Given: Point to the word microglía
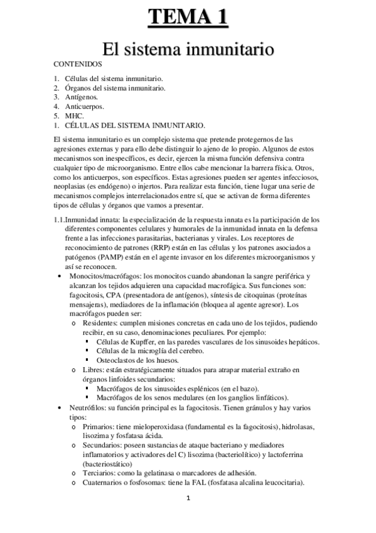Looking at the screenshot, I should [x=146, y=351].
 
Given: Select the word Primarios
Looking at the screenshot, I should [x=99, y=427].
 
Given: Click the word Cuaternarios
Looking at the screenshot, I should [x=105, y=482].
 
